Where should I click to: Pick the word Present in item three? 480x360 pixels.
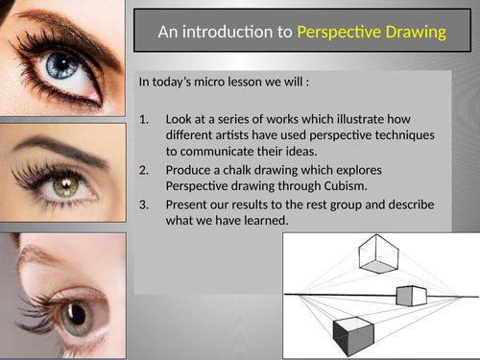pos(190,204)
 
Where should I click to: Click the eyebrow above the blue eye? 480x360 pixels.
pos(53,21)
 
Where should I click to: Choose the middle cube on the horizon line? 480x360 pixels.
pos(413,297)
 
